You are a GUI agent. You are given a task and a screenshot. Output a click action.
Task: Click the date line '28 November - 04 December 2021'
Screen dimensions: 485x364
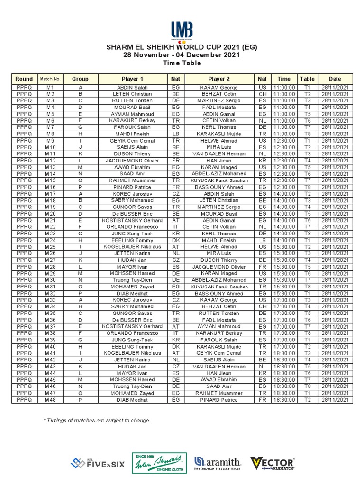click(182, 55)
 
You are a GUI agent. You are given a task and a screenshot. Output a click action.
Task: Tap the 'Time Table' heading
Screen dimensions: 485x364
click(182, 63)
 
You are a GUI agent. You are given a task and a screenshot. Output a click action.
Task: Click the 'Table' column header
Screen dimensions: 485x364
click(307, 79)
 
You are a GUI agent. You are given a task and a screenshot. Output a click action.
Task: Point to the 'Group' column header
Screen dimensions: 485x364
click(80, 79)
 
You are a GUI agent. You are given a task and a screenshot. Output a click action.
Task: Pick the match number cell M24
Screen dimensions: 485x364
click(50, 240)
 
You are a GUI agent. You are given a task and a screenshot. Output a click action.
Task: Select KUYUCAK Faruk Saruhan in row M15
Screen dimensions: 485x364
click(219, 180)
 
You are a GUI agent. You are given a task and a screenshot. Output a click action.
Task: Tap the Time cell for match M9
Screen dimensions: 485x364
click(284, 141)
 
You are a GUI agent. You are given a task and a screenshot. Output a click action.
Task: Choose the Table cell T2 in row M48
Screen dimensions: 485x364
click(307, 400)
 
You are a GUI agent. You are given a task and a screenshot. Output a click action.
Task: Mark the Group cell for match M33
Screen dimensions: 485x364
click(80, 300)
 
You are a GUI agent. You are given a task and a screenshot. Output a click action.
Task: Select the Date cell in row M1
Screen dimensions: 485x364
click(335, 88)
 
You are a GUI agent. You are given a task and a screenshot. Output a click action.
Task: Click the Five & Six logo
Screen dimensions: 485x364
click(98, 463)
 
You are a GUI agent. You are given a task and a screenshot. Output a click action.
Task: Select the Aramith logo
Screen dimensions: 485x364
click(218, 463)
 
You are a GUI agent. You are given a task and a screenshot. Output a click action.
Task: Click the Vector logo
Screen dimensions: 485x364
click(273, 463)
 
